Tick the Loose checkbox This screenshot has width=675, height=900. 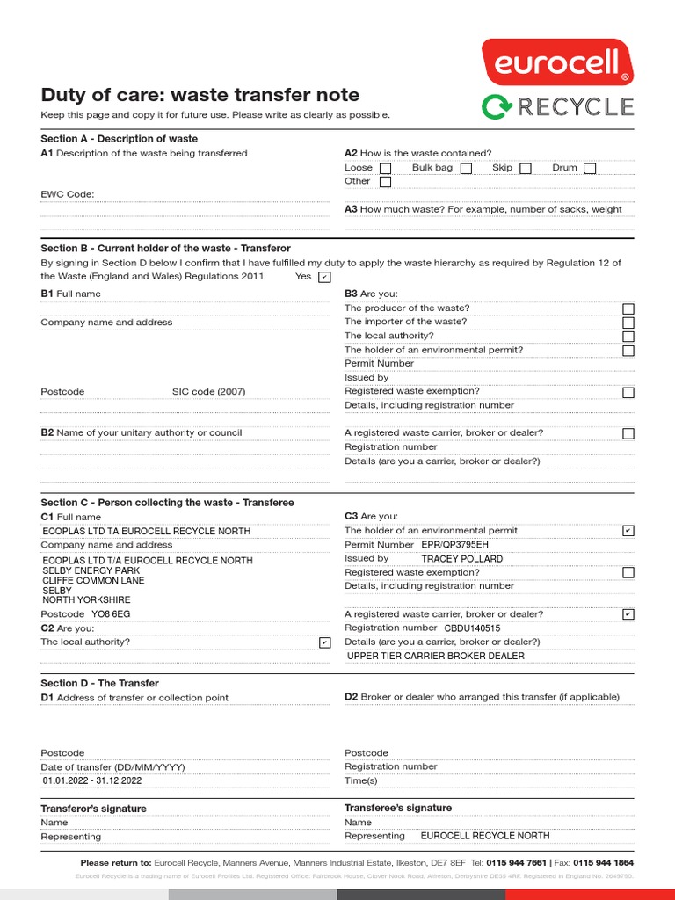pyautogui.click(x=386, y=169)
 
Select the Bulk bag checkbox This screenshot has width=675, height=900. pyautogui.click(x=466, y=169)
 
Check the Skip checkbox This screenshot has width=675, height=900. pyautogui.click(x=525, y=169)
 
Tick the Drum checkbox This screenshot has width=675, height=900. pyautogui.click(x=590, y=169)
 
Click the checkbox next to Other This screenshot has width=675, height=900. pyautogui.click(x=385, y=182)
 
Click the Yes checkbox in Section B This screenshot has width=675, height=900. pyautogui.click(x=324, y=277)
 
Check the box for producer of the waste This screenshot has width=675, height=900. pyautogui.click(x=628, y=308)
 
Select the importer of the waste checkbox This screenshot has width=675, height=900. pyautogui.click(x=628, y=323)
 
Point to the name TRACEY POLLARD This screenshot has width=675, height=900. pyautogui.click(x=462, y=559)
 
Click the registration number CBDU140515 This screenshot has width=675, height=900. pyautogui.click(x=472, y=628)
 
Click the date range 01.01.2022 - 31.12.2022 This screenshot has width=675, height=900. pyautogui.click(x=92, y=780)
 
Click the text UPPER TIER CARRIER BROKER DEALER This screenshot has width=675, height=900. pyautogui.click(x=436, y=656)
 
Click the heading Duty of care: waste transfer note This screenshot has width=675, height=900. pyautogui.click(x=200, y=95)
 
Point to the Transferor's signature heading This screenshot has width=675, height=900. pyautogui.click(x=94, y=809)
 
